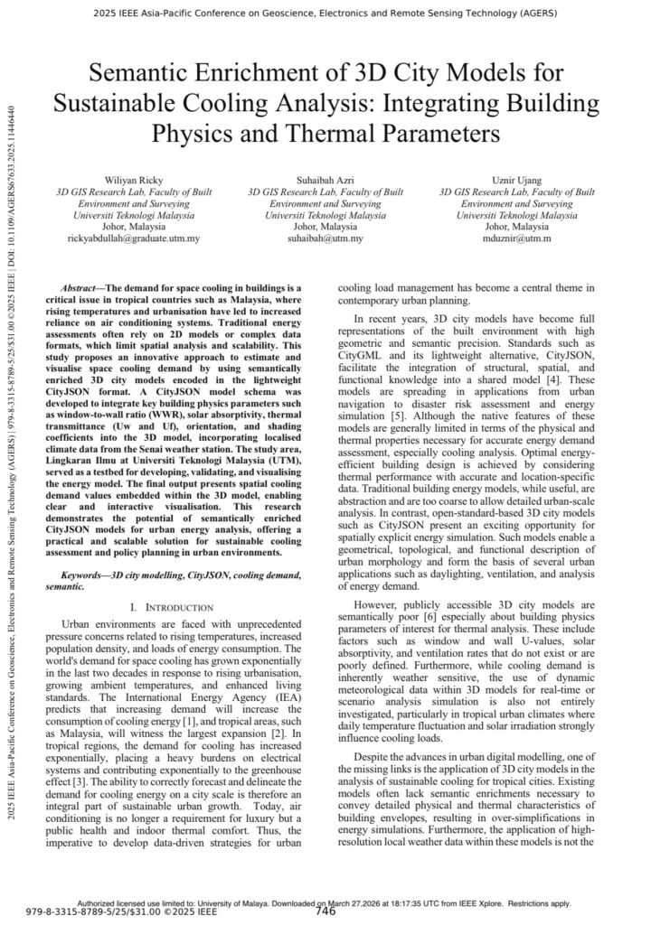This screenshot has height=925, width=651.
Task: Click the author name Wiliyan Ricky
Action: [x=134, y=181]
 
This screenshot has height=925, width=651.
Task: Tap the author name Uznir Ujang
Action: [x=517, y=181]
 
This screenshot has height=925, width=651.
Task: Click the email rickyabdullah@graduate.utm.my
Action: [x=134, y=239]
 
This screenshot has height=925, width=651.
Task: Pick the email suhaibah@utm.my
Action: [x=325, y=239]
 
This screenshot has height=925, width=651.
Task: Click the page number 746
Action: [x=325, y=911]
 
